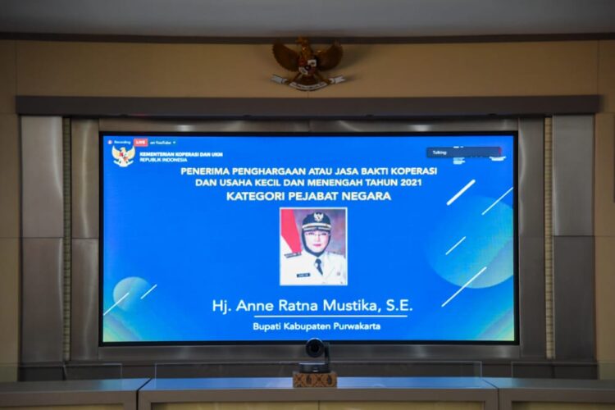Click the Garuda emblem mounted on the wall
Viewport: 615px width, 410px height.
[308, 61]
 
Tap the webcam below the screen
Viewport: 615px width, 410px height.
[315, 351]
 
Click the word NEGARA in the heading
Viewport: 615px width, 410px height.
[369, 196]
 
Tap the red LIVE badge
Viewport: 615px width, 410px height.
[142, 142]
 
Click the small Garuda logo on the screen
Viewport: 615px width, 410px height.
[123, 156]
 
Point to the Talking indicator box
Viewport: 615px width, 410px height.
[462, 153]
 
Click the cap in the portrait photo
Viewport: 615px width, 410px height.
[316, 221]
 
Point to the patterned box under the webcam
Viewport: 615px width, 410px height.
[315, 379]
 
